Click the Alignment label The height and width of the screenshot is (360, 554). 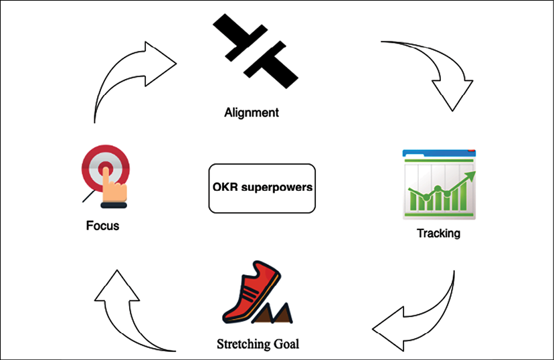pos(251,112)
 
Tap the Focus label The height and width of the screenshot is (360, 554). pos(102,226)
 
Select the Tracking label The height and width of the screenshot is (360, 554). pos(438,234)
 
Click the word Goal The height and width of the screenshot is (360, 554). pos(285,345)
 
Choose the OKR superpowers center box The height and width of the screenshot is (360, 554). pos(261,188)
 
